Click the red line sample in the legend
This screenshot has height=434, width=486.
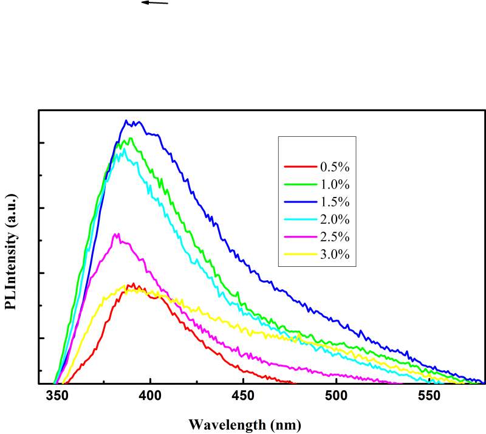click(299, 166)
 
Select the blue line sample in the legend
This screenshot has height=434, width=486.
click(299, 201)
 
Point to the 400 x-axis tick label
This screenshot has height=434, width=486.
click(149, 396)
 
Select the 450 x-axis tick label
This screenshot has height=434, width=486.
click(242, 396)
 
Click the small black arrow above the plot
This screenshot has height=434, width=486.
click(154, 3)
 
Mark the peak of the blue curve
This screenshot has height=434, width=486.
click(126, 120)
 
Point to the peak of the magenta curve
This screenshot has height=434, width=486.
click(117, 233)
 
